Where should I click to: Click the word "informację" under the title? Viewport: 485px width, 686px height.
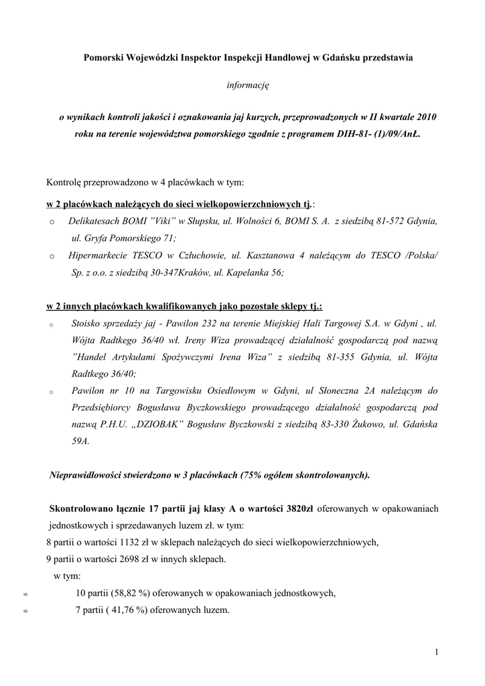coord(247,85)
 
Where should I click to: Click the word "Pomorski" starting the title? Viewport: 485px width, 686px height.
coord(105,58)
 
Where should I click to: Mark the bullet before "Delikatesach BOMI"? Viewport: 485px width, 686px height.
coord(52,222)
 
